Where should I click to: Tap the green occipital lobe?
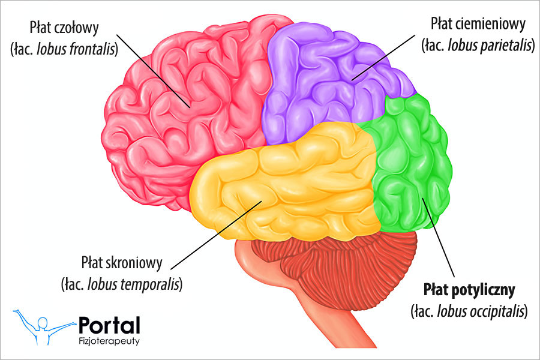pyautogui.click(x=414, y=162)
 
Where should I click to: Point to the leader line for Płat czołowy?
pyautogui.click(x=156, y=74)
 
